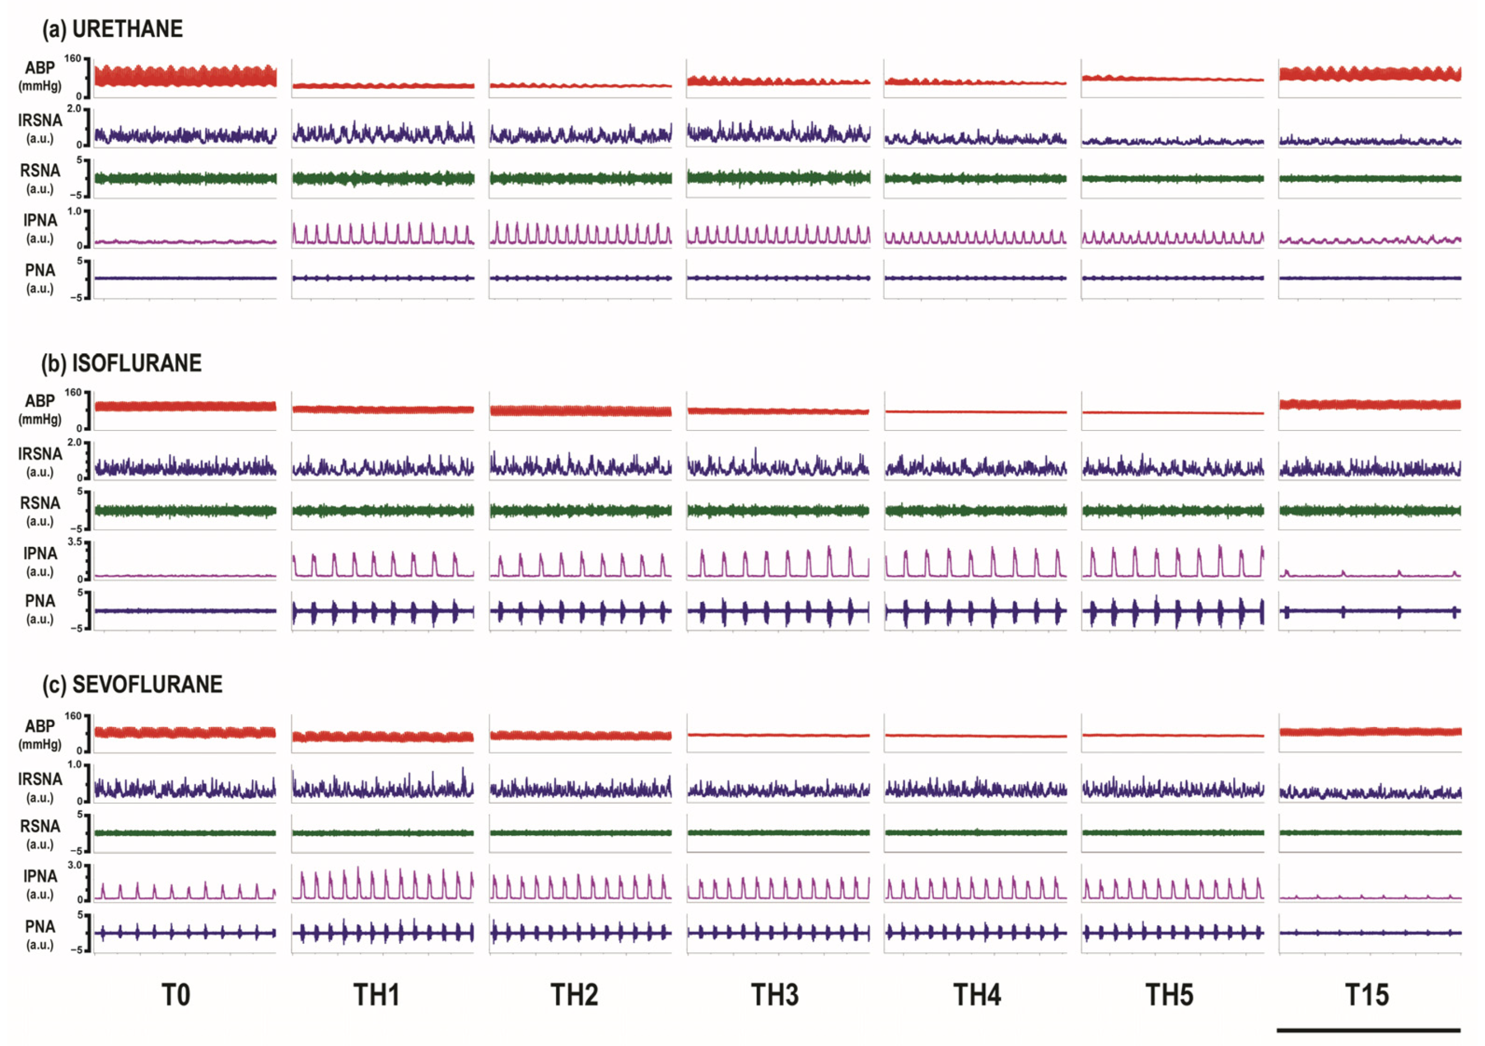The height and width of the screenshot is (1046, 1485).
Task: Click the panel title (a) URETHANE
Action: [112, 29]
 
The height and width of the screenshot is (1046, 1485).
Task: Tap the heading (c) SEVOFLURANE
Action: [132, 684]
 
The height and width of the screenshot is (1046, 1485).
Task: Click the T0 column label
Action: [176, 995]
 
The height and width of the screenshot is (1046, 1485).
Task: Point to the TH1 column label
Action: [377, 995]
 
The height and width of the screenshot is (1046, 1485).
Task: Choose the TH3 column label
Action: [775, 995]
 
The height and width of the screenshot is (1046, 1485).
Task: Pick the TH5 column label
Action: [1170, 995]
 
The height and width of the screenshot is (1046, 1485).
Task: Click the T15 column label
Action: [1367, 995]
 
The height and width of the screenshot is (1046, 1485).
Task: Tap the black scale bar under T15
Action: [1368, 1030]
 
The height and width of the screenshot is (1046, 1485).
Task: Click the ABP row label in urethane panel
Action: [40, 68]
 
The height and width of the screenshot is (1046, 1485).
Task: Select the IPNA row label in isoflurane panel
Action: [40, 554]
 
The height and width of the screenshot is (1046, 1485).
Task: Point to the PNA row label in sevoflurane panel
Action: [40, 926]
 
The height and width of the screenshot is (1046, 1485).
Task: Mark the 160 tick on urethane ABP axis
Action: [73, 59]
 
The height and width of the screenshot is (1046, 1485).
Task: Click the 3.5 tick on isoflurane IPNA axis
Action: [75, 542]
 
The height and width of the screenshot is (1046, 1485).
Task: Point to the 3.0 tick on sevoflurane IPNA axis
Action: [75, 865]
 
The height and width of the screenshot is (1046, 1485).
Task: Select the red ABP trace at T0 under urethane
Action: [185, 76]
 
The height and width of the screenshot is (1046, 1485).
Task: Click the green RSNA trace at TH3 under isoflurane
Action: [778, 510]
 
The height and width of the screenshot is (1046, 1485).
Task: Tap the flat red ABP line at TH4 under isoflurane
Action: [975, 411]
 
